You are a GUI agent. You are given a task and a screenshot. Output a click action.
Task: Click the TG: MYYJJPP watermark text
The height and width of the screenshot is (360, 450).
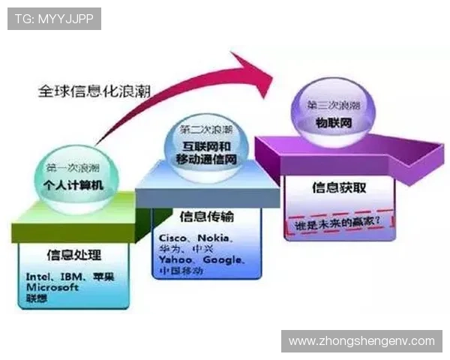click(x=53, y=19)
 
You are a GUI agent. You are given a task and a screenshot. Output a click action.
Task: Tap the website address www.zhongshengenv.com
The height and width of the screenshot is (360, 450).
click(x=361, y=341)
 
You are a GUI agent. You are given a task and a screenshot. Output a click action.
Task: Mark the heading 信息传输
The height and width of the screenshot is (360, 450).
click(x=207, y=217)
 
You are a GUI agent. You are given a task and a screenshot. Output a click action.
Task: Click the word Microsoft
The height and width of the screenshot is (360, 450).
click(x=52, y=287)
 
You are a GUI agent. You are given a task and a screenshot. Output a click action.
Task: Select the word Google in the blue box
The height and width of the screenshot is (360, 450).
click(x=223, y=259)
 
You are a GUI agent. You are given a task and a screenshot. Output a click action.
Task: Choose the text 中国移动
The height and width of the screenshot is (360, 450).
click(x=181, y=271)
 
